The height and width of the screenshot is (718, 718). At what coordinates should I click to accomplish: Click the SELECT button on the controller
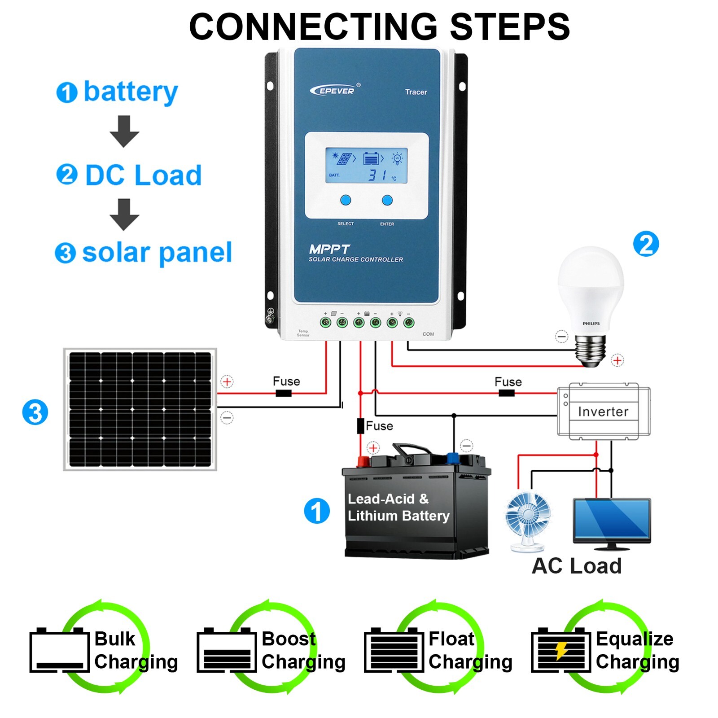click(345, 200)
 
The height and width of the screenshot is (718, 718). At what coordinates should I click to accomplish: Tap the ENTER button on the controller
click(387, 200)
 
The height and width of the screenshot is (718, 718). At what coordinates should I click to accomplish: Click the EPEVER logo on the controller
click(333, 91)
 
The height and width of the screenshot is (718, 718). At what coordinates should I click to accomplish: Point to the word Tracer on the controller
click(416, 92)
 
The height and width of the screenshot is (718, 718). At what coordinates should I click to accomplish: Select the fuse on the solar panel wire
click(283, 394)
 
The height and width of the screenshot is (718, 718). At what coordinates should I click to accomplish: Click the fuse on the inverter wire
click(507, 393)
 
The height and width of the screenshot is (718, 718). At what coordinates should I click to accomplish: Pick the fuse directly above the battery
click(360, 425)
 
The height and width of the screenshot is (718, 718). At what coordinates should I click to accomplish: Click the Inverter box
click(603, 411)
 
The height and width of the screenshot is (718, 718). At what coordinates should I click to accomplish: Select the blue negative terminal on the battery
click(452, 459)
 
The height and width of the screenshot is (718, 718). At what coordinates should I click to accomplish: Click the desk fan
click(528, 521)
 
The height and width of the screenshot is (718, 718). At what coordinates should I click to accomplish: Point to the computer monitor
click(612, 521)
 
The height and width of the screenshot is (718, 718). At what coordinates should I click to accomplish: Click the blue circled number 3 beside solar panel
click(35, 412)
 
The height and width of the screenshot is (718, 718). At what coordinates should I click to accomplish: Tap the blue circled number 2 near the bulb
click(646, 245)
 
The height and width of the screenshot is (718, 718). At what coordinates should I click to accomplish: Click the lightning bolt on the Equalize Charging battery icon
click(561, 650)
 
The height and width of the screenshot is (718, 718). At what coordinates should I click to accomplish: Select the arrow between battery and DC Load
click(124, 131)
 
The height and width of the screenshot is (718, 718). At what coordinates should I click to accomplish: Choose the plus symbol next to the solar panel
click(227, 382)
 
